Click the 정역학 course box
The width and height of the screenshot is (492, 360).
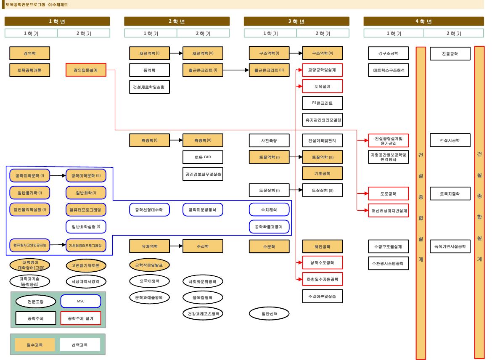coord(30,53)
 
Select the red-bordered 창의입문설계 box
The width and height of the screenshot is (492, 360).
coord(86,70)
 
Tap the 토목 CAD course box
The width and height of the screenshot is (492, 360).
coord(203,157)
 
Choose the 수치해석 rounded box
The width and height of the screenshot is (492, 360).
coord(269,209)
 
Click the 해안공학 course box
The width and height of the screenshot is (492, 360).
coord(323,246)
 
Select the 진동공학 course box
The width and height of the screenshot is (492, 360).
coord(450,53)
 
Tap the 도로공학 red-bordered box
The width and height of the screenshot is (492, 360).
coord(388,193)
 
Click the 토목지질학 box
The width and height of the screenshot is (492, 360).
coord(450,193)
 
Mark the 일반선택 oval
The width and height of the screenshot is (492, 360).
coord(269,313)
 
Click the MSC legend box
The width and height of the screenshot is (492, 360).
coord(81,301)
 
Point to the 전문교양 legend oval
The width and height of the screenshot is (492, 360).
coord(35,301)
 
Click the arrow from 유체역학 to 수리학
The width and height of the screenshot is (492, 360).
coord(176,246)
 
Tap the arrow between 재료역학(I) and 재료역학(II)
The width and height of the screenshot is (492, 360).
coord(176,53)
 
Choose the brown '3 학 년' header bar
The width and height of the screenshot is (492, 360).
coord(296,21)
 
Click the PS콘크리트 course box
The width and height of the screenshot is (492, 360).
coord(323,103)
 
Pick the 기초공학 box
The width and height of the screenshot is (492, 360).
coord(323,173)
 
